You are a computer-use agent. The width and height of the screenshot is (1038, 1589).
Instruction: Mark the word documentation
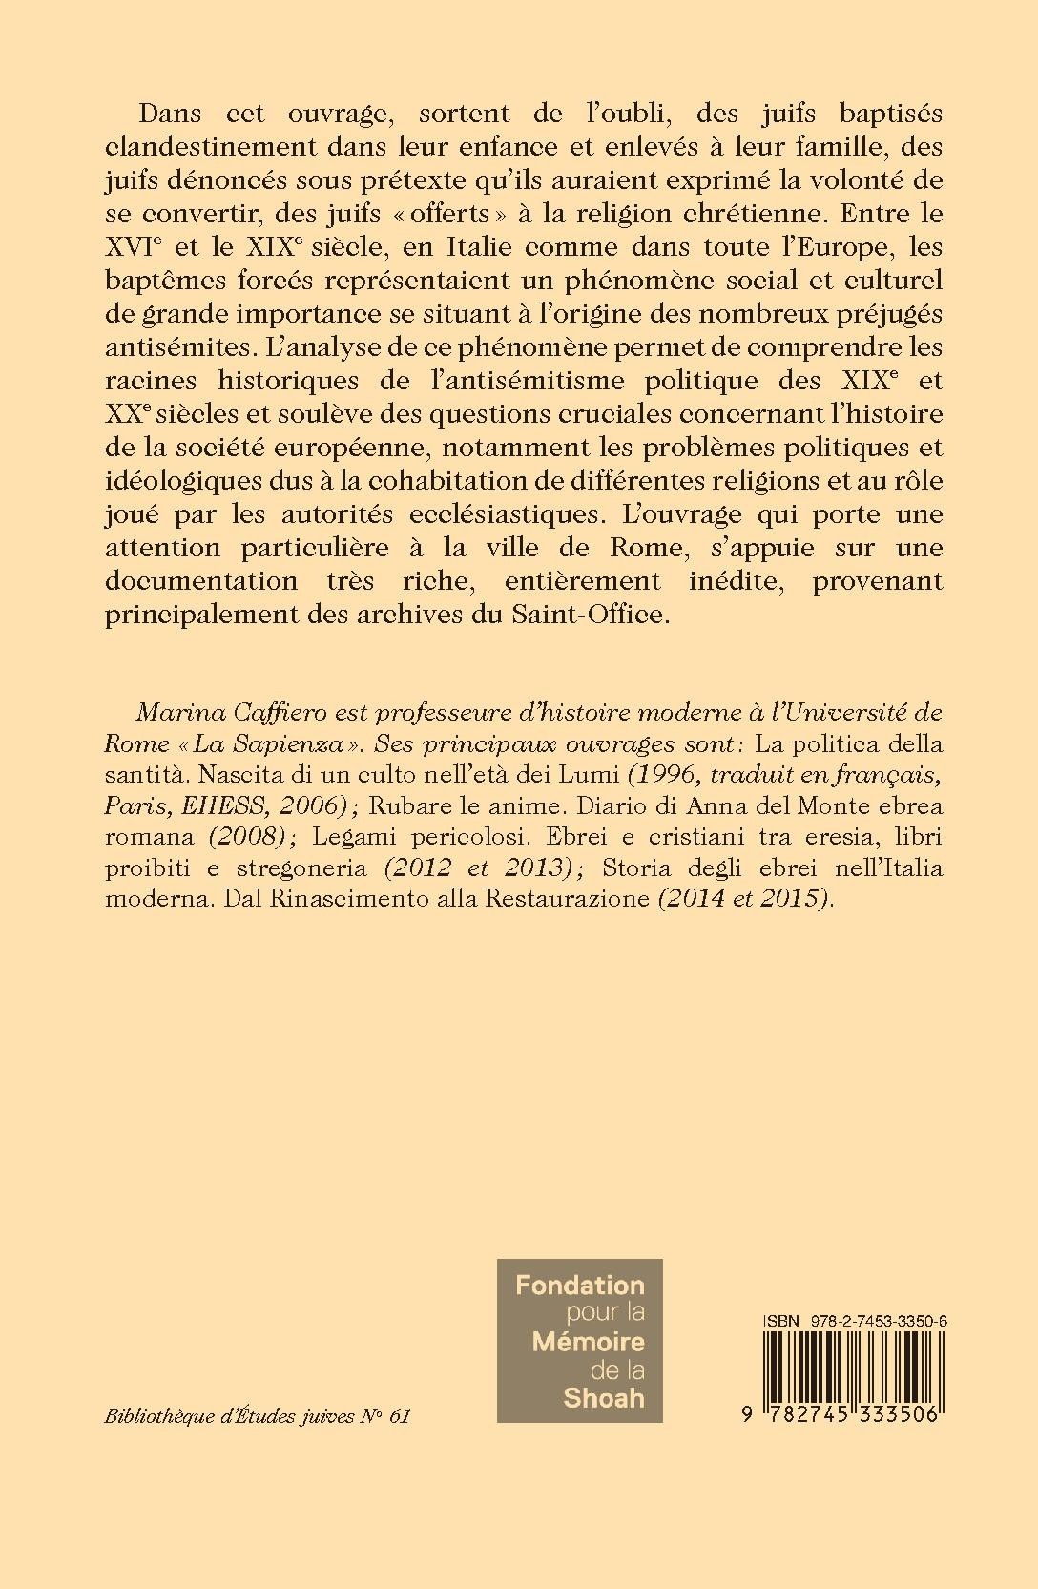[x=212, y=581]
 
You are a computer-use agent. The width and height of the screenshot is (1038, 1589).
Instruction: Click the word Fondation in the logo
[x=580, y=1285]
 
